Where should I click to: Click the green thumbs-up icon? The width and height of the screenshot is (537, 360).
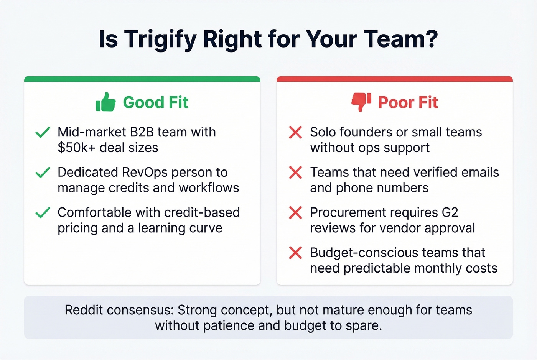pos(105,102)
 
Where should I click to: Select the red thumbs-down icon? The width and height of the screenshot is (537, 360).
pos(361,102)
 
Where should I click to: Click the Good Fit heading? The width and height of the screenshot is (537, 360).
pos(155,102)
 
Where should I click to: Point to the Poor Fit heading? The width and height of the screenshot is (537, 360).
pos(408,102)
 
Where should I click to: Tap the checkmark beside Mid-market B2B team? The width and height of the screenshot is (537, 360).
pos(43,132)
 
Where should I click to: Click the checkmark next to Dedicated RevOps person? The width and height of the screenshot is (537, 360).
pos(43,173)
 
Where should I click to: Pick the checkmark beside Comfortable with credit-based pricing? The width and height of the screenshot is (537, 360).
pos(43,212)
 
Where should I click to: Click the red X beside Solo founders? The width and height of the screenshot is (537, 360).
pos(295,132)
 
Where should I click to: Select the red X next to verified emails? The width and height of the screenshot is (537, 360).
pos(295,173)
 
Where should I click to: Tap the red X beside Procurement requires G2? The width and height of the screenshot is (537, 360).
pos(295,212)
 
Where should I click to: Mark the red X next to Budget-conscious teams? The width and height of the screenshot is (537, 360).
pos(295,253)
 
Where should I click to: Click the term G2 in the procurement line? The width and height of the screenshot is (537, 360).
pos(450,212)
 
